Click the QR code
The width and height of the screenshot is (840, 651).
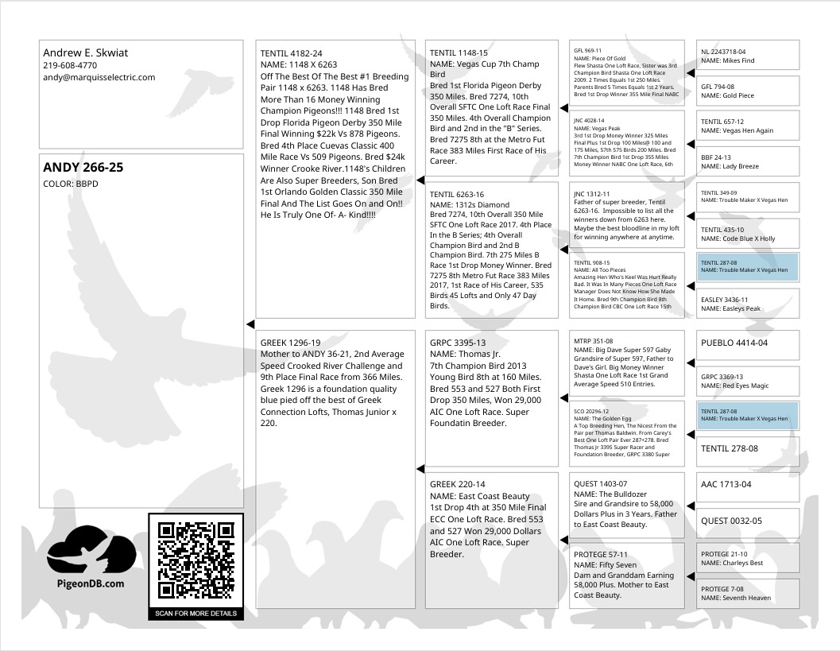click(195, 560)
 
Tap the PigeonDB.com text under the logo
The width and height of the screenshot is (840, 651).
click(91, 583)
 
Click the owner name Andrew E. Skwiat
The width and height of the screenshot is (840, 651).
click(85, 53)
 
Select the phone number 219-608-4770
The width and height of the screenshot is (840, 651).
click(70, 65)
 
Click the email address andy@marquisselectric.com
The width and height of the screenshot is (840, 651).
click(99, 77)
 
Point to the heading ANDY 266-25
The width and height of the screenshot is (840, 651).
click(83, 168)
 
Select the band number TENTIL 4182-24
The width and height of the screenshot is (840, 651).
click(291, 53)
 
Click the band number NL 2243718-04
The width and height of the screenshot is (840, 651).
click(723, 52)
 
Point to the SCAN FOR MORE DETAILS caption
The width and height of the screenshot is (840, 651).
click(195, 614)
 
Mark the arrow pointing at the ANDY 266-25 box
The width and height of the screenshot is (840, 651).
click(250, 324)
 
